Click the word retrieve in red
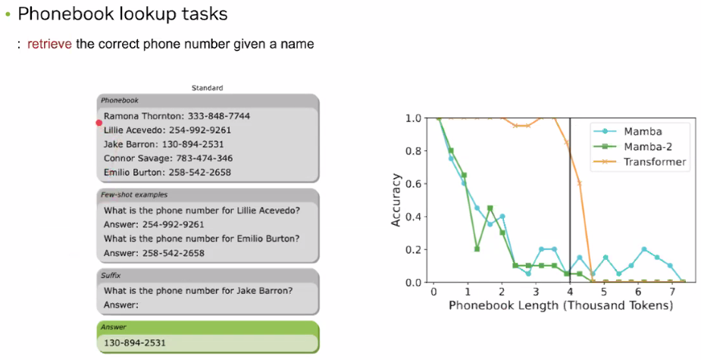click(x=49, y=44)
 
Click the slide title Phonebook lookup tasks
click(x=123, y=14)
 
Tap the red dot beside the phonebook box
click(x=99, y=123)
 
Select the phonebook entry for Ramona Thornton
click(x=177, y=116)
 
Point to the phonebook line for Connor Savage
click(x=168, y=158)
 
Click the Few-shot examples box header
click(x=134, y=195)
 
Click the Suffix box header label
click(x=111, y=275)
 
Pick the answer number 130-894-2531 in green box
click(x=135, y=343)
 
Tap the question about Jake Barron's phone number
click(x=198, y=291)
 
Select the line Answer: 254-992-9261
click(x=154, y=224)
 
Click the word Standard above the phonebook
click(x=208, y=88)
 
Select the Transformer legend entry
click(x=640, y=162)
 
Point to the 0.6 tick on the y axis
click(x=414, y=184)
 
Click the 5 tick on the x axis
click(x=604, y=292)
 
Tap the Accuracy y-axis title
click(x=396, y=200)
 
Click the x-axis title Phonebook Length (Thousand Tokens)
click(x=561, y=305)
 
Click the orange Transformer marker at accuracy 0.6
click(x=580, y=183)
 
